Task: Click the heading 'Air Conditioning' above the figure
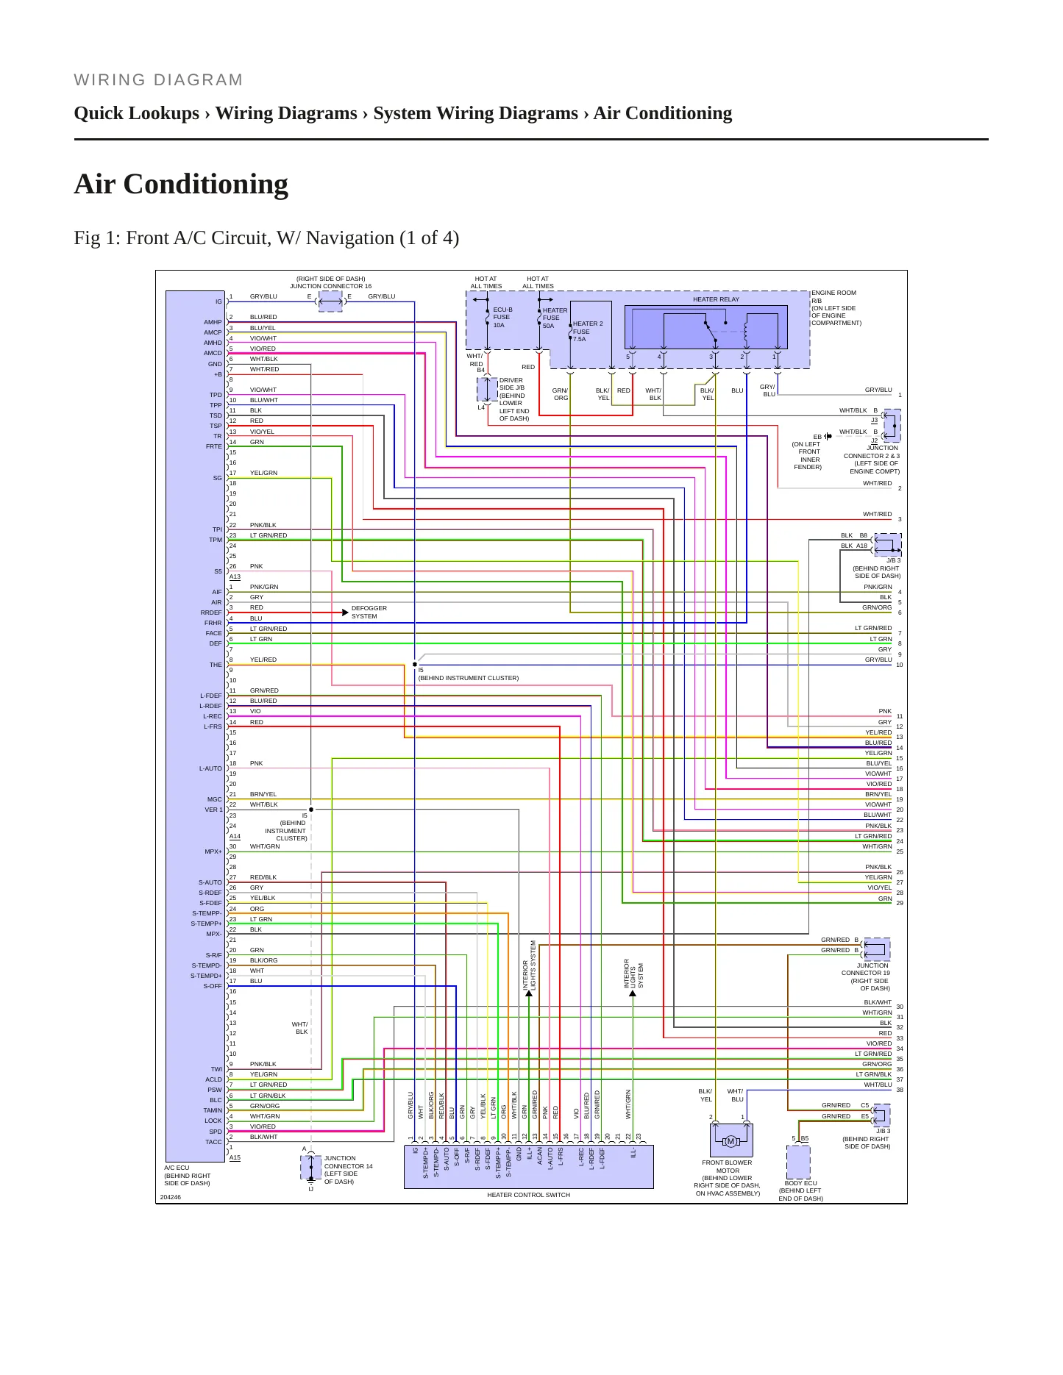click(x=181, y=184)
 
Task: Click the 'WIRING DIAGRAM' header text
click(x=158, y=80)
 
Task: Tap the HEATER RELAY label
click(x=716, y=299)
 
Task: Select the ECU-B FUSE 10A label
click(x=502, y=318)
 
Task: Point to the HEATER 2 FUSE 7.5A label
click(x=587, y=331)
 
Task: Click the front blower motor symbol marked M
click(x=730, y=1141)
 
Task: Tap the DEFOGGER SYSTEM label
click(x=369, y=612)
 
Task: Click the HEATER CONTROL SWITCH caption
click(x=528, y=1195)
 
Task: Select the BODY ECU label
click(x=800, y=1183)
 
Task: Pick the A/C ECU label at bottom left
click(x=177, y=1168)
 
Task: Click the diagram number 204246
click(x=170, y=1197)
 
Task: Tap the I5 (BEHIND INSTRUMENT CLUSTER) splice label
click(x=468, y=674)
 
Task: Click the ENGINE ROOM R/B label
click(x=833, y=296)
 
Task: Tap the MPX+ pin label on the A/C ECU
click(x=213, y=851)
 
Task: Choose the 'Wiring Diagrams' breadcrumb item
click(x=286, y=113)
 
